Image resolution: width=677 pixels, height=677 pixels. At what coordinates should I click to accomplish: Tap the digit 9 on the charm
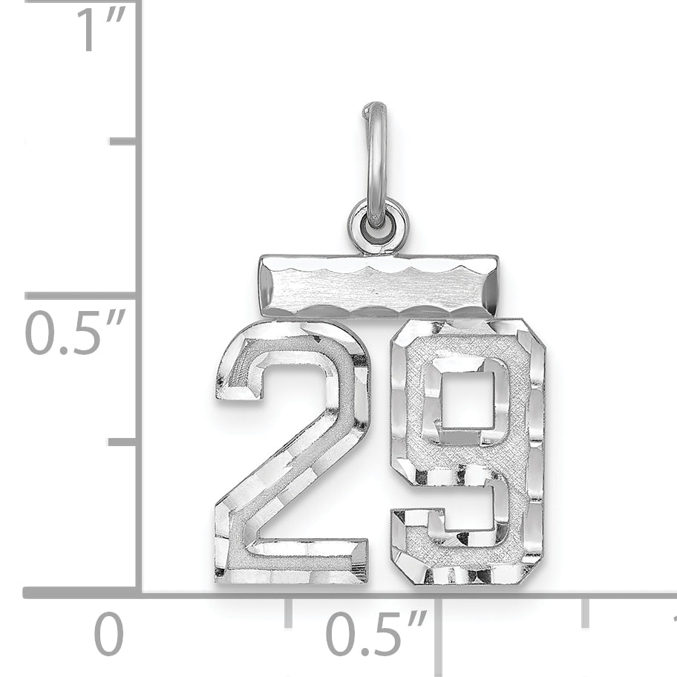pos(468,453)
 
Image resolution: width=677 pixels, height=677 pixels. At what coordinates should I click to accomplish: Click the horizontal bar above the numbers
pos(379,286)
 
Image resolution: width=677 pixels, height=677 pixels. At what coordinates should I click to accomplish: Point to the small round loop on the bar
pos(378,223)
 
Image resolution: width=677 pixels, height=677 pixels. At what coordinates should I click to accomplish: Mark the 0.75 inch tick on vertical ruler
pos(123,141)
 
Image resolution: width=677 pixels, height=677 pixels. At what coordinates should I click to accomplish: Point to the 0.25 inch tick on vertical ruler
pos(123,442)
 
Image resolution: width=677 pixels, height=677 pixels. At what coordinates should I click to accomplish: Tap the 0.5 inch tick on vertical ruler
pos(82,295)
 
